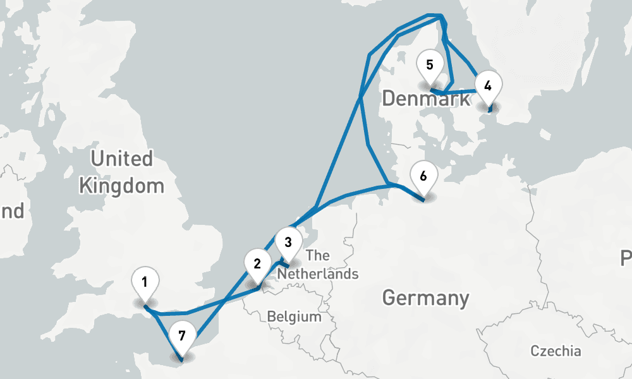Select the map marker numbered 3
(x=288, y=243)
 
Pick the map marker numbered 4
(x=487, y=85)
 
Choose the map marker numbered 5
(x=430, y=66)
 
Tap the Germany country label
(x=425, y=298)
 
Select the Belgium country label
(x=294, y=316)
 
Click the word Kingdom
(x=121, y=186)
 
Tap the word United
(x=121, y=159)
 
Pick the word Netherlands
(x=318, y=275)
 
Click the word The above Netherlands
(x=318, y=256)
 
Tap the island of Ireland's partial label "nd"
(x=11, y=210)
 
